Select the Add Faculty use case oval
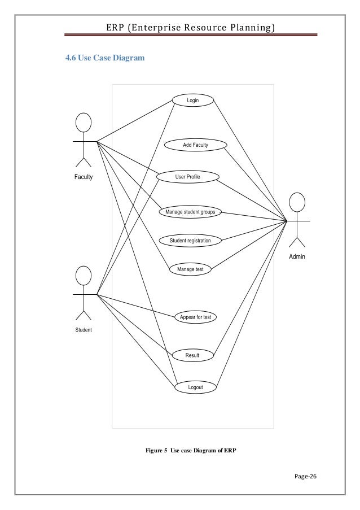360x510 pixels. (x=195, y=145)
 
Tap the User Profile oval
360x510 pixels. (x=187, y=177)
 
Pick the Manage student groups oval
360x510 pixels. (x=190, y=212)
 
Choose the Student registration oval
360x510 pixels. (x=190, y=241)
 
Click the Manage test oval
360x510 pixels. (x=190, y=269)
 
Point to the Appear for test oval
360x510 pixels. (x=195, y=317)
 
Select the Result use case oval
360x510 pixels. (x=193, y=356)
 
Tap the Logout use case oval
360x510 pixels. (x=195, y=387)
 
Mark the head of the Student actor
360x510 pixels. (x=84, y=276)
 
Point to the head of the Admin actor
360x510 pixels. (x=297, y=202)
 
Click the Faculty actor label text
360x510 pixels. (x=84, y=177)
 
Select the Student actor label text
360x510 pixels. (x=84, y=330)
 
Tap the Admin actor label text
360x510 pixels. (x=297, y=256)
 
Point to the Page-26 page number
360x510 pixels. (x=306, y=475)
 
